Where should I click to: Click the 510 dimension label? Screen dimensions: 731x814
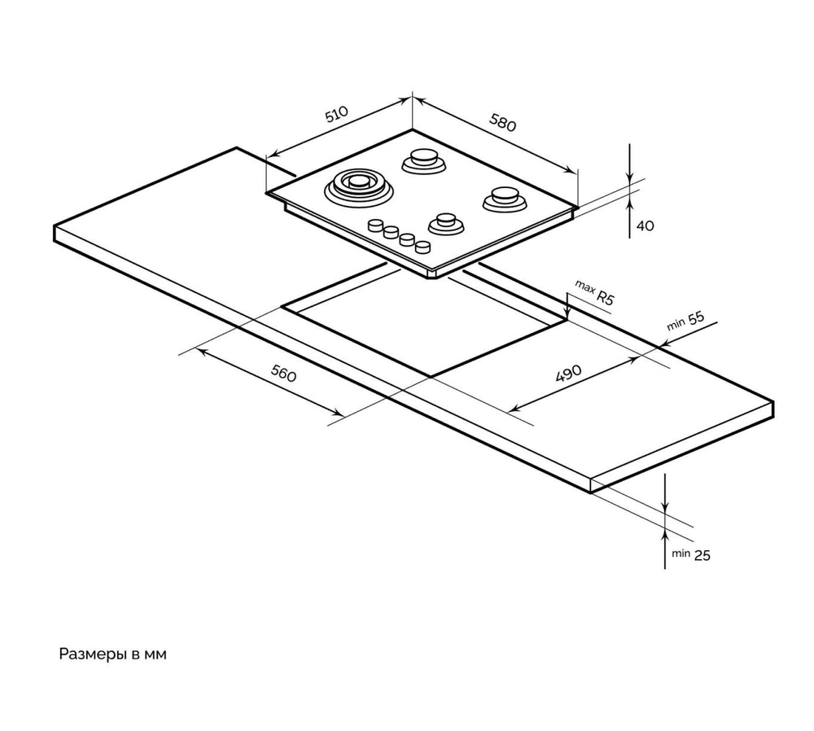(x=336, y=114)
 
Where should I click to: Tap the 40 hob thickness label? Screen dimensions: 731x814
(x=645, y=225)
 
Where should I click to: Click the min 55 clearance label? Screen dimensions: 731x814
(x=685, y=321)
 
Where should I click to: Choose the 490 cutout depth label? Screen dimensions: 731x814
(x=568, y=374)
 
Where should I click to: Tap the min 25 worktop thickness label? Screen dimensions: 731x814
(x=690, y=554)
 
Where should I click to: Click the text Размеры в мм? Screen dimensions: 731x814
(x=112, y=654)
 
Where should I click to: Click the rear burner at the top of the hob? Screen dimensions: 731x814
(x=424, y=160)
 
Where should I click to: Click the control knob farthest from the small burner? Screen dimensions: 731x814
(x=376, y=225)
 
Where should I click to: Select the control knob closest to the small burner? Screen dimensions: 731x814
(x=422, y=247)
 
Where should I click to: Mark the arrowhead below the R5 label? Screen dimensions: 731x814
(x=567, y=313)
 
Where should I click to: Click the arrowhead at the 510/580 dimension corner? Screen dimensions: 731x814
(x=410, y=98)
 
